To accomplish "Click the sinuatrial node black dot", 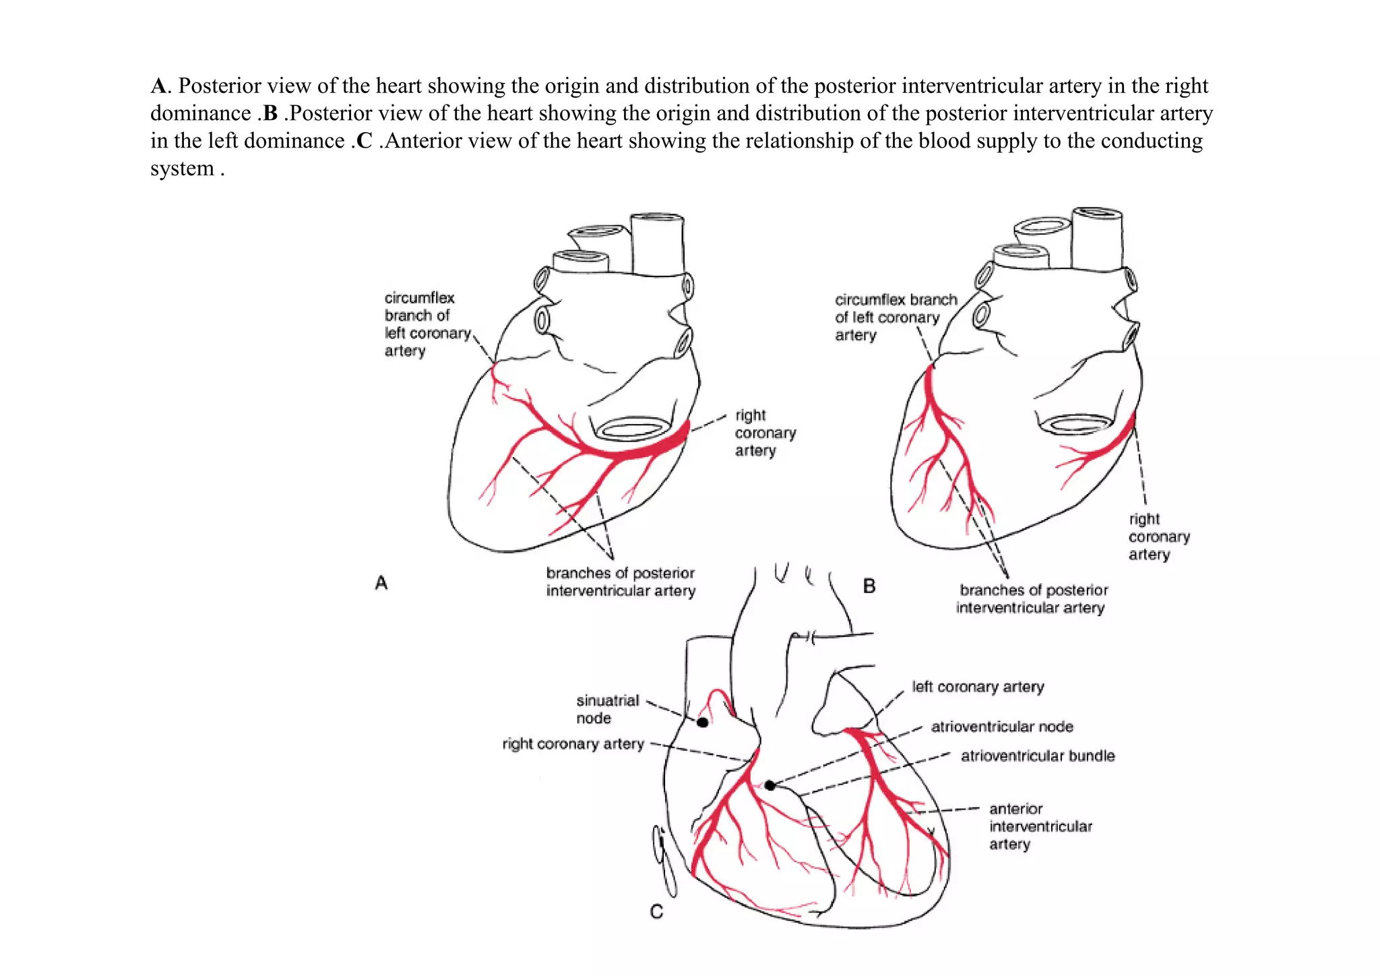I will point(702,722).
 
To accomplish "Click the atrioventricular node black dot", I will point(770,785).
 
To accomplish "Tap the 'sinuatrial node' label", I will point(607,709).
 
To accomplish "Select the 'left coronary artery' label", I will point(978,687).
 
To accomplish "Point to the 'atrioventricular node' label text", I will point(1001,727).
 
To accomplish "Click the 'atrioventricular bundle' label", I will point(1037,756).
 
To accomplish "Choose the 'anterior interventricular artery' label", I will point(1040,826).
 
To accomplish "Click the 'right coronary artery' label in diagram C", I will point(573,743).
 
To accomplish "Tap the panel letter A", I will point(381,583).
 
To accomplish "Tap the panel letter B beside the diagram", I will point(869,586).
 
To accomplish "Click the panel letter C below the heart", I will point(656,912).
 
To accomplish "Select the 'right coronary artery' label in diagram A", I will point(765,433).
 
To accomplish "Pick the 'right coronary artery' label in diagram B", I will point(1159,537).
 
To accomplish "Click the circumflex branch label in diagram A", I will point(427,324).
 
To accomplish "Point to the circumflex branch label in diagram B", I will point(895,317).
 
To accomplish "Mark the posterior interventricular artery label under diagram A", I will point(620,582).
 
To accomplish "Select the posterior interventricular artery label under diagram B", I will point(1032,599).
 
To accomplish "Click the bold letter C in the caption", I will point(364,141).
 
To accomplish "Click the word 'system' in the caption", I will point(182,169).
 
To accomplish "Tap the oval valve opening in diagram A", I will point(633,429).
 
